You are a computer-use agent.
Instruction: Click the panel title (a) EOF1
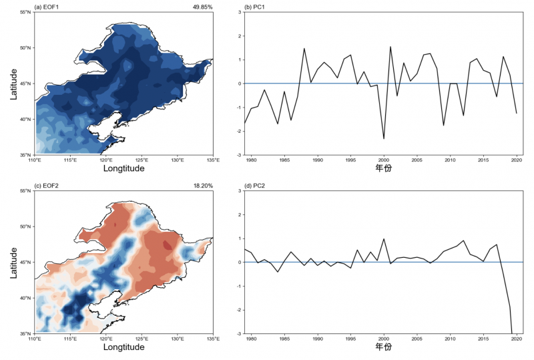(x=48, y=7)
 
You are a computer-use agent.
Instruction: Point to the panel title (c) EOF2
(x=48, y=186)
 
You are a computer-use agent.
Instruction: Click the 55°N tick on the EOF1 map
(x=25, y=13)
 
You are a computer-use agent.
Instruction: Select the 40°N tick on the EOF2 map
(x=25, y=298)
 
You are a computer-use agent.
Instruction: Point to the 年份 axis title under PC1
(x=384, y=170)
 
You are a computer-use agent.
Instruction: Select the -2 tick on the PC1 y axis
(x=238, y=132)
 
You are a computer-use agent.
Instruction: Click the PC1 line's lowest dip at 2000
(x=384, y=139)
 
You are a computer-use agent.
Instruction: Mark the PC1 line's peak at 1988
(x=304, y=48)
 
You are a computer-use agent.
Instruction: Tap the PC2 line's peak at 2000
(x=384, y=238)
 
